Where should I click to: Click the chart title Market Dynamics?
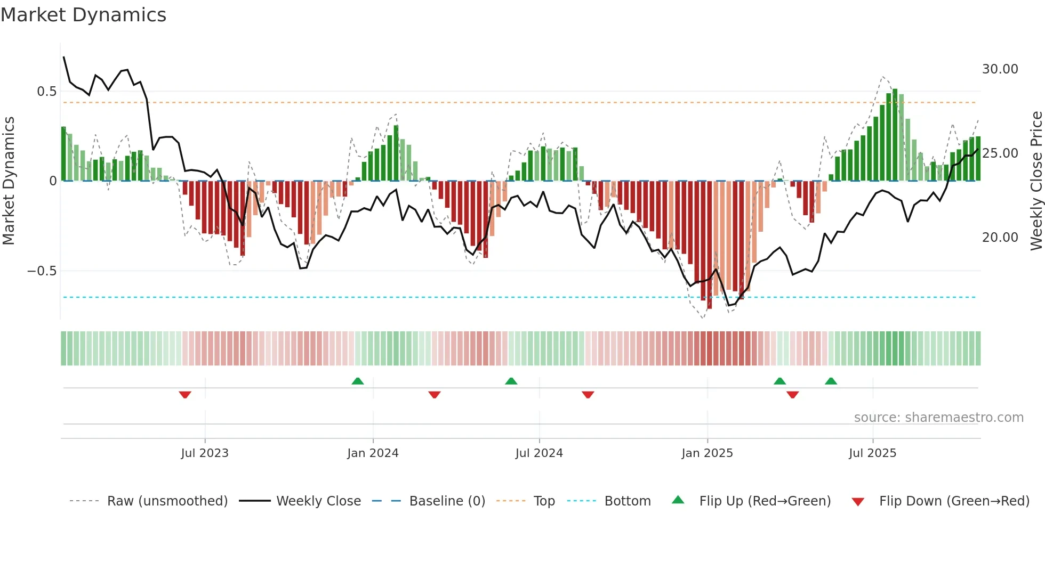click(x=83, y=15)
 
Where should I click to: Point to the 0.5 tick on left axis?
click(x=46, y=92)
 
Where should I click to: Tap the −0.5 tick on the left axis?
click(x=42, y=271)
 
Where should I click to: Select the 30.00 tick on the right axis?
click(x=1000, y=69)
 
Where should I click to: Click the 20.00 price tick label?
click(x=1000, y=238)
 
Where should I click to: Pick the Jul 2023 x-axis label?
click(x=205, y=453)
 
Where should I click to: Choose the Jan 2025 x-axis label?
click(x=707, y=453)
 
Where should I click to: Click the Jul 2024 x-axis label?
click(x=539, y=453)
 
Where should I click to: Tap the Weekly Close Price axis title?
click(x=1036, y=181)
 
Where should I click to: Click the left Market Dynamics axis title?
click(x=9, y=181)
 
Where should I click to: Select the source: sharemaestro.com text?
click(x=938, y=418)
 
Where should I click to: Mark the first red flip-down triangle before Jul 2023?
click(x=185, y=395)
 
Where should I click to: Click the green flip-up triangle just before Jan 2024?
click(x=358, y=381)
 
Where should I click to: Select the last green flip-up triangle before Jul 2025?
click(x=831, y=381)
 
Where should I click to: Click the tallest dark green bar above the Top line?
click(x=895, y=133)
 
